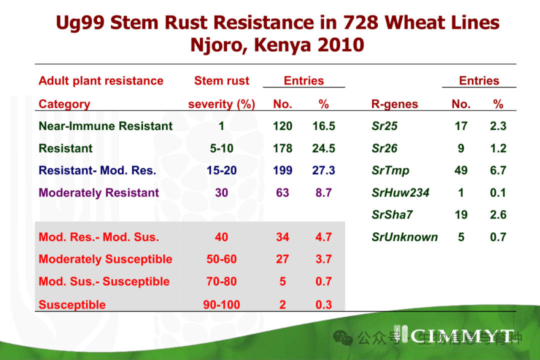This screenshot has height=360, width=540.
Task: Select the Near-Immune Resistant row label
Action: pos(105,126)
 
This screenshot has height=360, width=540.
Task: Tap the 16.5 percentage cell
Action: pos(323,126)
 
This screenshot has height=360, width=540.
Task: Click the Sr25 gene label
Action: pos(384,126)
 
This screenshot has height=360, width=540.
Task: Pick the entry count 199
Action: pos(282,170)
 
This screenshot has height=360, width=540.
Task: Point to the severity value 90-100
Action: pos(221,304)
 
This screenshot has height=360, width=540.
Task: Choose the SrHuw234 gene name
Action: pos(400,193)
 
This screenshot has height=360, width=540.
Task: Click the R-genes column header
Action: pos(394,104)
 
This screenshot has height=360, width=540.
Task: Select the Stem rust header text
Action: pos(221,81)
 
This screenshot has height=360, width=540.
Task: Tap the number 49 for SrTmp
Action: pos(460,170)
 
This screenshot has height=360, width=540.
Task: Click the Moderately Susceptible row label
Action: pos(105,259)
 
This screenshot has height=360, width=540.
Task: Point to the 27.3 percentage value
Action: pos(323,170)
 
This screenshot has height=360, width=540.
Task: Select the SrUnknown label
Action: pos(404,237)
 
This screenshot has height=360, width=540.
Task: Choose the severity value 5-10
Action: pos(221,148)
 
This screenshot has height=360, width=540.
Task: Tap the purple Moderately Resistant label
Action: pos(99,193)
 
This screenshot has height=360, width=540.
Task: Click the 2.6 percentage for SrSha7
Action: pos(498,215)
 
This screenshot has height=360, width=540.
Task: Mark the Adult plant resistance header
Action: pos(101,81)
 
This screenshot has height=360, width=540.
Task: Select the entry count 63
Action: pos(282,193)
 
